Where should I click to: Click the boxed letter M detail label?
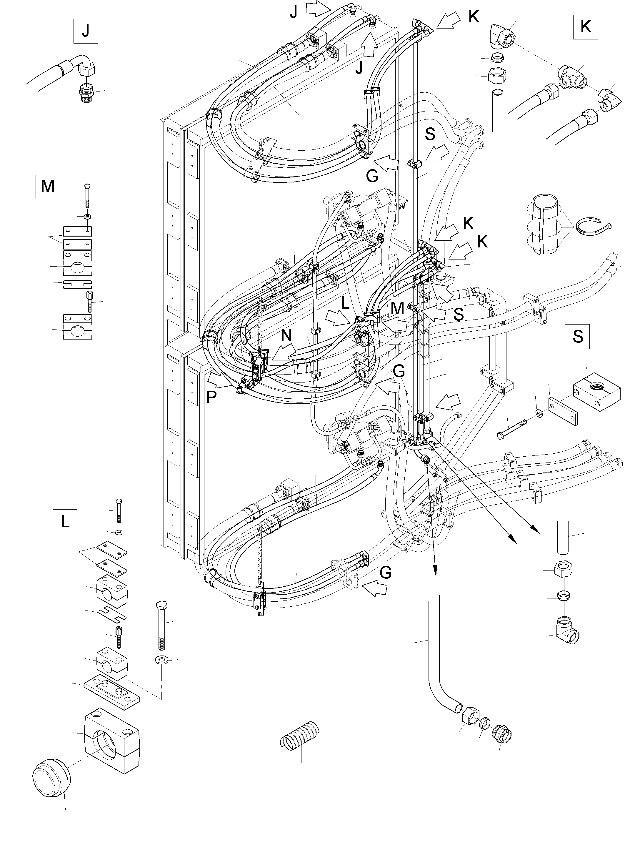coord(48,187)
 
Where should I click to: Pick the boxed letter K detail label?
coord(585,27)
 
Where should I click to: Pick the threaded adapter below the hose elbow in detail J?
coord(87,92)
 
